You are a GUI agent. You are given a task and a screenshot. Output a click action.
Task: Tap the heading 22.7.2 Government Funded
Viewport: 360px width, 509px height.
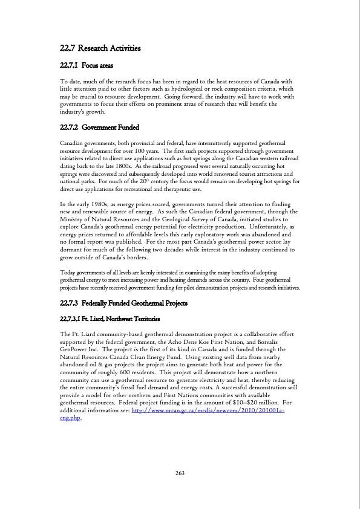tap(100, 128)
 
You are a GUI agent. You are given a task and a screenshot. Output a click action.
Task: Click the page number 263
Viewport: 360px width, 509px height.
tap(180, 473)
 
